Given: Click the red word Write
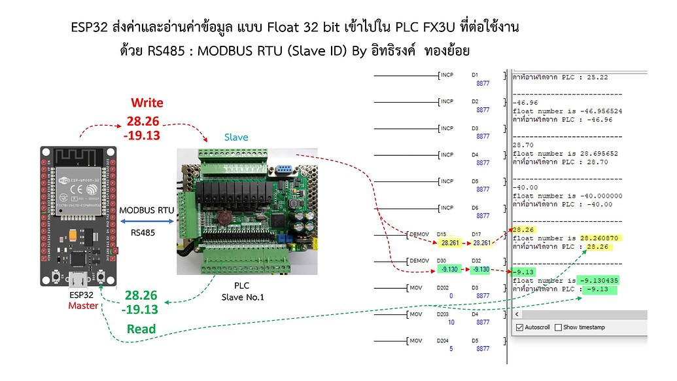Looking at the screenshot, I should pos(147,103).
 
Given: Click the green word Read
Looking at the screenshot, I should pos(141,329).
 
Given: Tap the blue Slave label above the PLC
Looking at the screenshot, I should pos(236,137).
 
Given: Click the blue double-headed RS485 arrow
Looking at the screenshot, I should pos(148,221).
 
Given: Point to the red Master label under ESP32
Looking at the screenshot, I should pos(84,306).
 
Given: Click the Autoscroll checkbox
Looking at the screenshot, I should pos(519,327).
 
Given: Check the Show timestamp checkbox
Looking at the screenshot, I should pos(559,327).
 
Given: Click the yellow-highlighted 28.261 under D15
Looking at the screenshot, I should pos(449,242).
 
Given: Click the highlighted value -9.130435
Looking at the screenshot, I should pos(594,280).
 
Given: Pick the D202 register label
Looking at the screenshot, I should pos(443,287).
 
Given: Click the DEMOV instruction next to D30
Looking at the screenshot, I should pos(419,261).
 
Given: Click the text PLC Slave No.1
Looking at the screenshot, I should pos(241,292).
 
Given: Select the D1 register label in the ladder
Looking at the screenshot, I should pos(475,75).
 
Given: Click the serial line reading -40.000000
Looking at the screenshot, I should pos(567,196).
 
